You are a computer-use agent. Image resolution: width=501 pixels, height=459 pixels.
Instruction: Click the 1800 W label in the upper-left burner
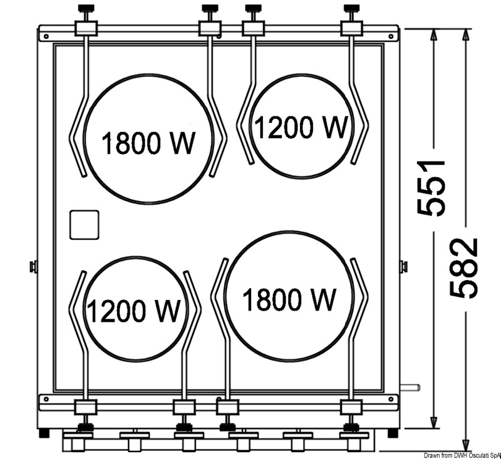point(148,143)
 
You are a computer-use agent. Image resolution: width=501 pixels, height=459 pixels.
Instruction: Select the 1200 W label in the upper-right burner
point(301,127)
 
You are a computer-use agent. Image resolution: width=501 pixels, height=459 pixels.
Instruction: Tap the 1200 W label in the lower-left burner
point(133,311)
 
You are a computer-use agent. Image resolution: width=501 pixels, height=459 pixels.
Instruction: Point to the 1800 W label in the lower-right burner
point(289,299)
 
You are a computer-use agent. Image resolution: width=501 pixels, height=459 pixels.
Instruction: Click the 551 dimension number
point(431,188)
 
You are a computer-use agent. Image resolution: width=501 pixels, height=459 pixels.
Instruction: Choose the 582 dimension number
point(464,268)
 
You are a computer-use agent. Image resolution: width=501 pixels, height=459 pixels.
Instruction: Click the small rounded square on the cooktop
point(85,225)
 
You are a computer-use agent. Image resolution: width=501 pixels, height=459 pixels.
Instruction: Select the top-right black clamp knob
point(351,8)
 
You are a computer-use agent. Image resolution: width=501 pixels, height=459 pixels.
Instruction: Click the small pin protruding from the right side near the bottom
point(410,388)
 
